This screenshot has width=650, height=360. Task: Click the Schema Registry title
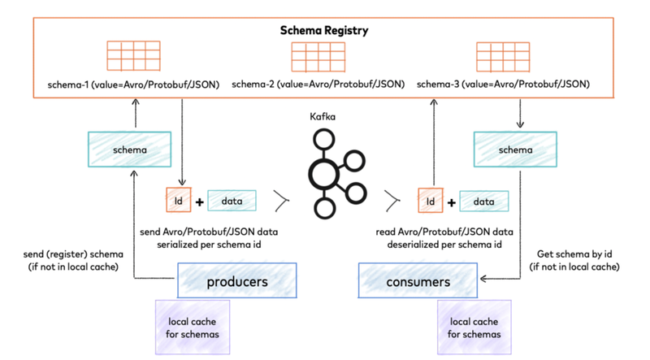(324, 31)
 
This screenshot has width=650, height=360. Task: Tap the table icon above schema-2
(318, 56)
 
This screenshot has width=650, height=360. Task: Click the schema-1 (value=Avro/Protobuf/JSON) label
(134, 85)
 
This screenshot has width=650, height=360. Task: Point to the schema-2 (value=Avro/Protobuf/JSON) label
(318, 85)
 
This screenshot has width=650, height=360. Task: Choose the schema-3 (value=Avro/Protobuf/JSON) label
(503, 85)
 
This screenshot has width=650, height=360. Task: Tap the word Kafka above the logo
(323, 117)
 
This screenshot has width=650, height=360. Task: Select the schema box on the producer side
(130, 150)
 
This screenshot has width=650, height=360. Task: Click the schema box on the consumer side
(515, 150)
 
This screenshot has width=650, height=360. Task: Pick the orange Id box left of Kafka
(178, 200)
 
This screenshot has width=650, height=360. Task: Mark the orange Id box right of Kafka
(431, 201)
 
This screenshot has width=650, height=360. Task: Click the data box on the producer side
(232, 201)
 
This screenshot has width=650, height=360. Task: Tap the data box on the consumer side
(484, 201)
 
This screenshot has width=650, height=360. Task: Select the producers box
(226, 281)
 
